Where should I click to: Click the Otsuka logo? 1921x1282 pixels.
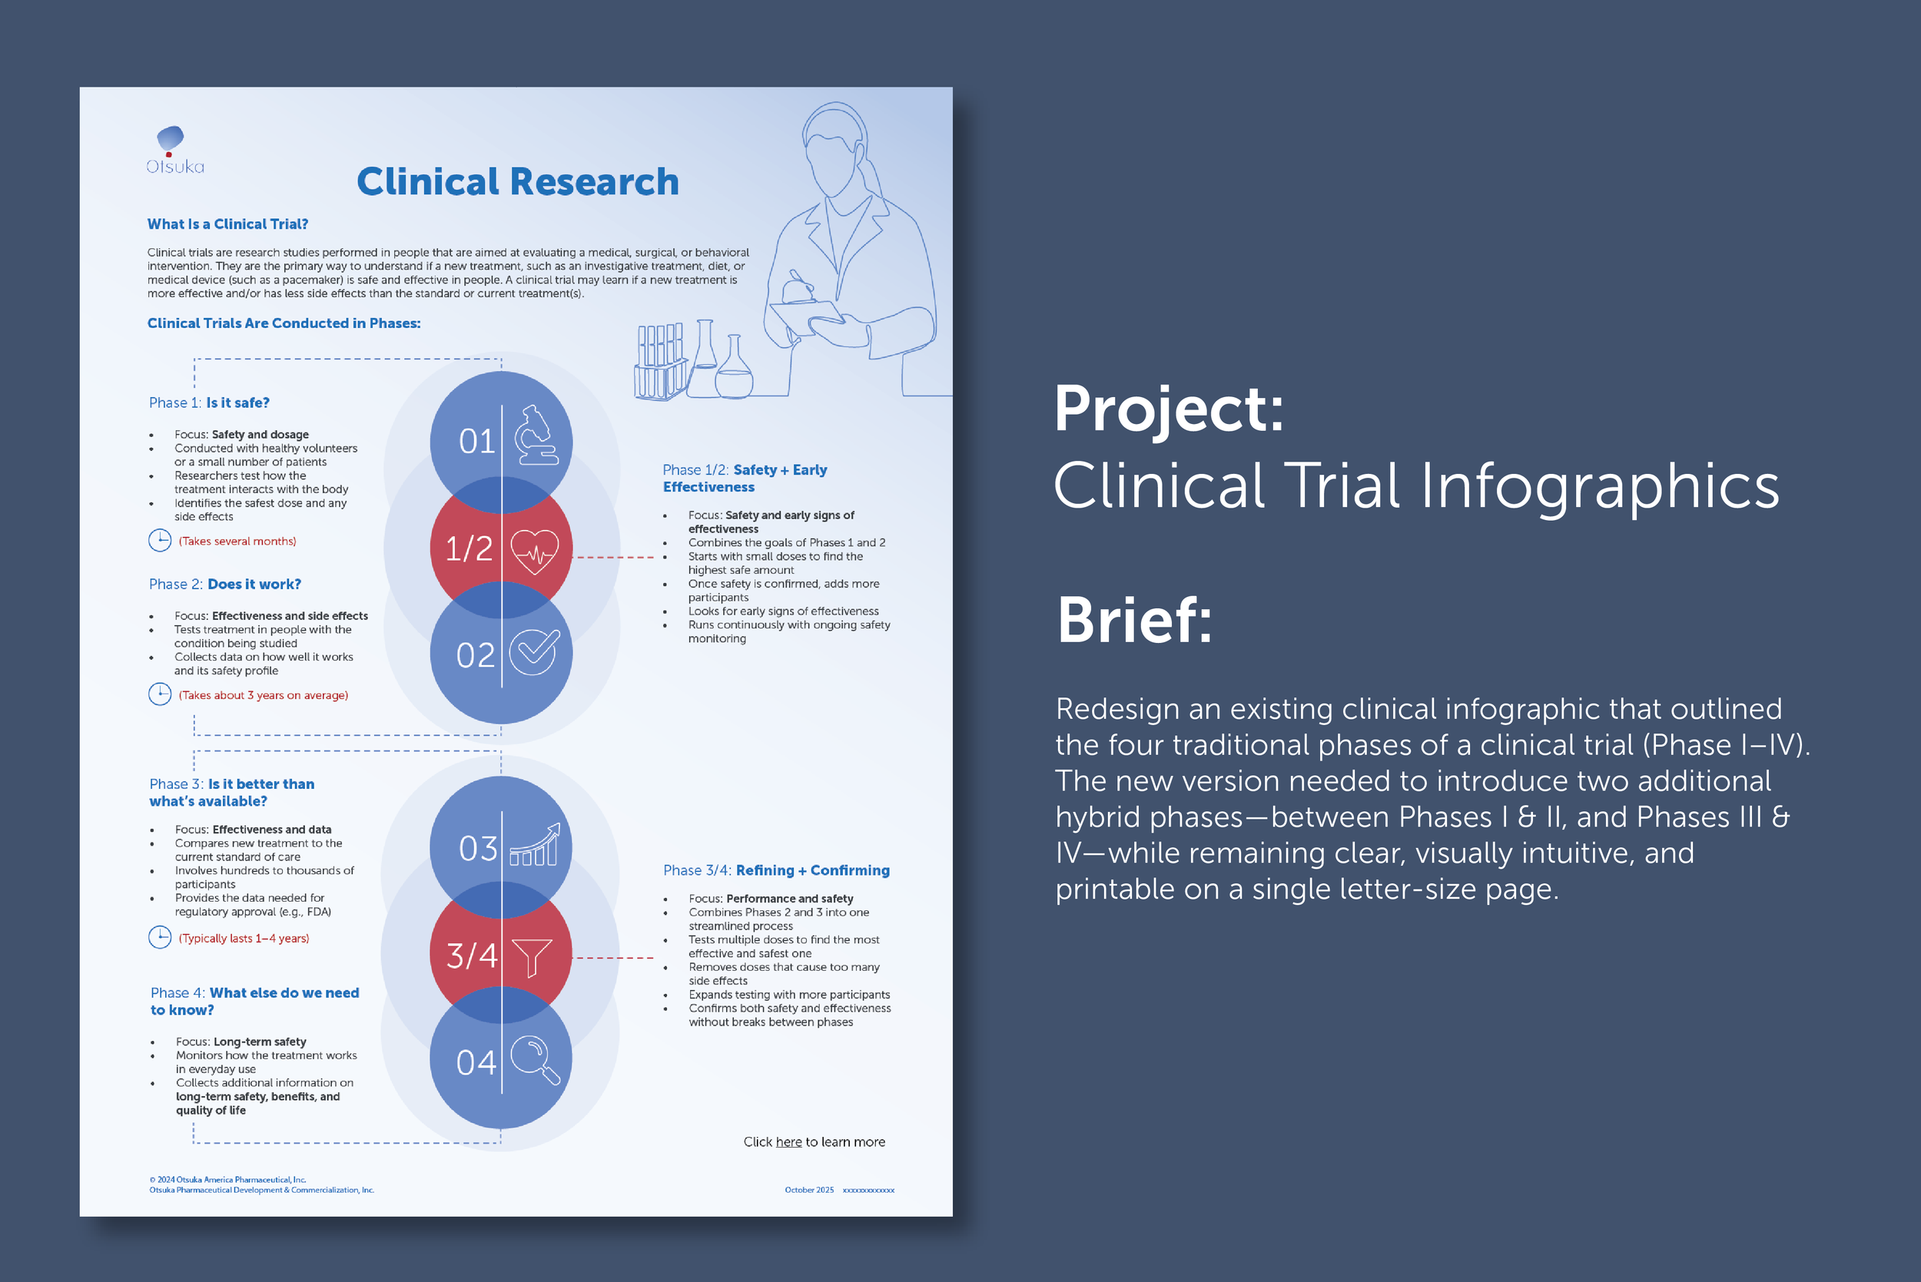(x=174, y=151)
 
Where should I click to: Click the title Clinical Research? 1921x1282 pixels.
(x=518, y=181)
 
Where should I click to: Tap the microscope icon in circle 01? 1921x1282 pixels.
(x=536, y=435)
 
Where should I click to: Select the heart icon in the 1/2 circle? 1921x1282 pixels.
(x=534, y=550)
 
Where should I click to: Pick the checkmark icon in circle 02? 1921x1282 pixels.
(x=534, y=652)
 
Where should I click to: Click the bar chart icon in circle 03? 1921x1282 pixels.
(x=535, y=846)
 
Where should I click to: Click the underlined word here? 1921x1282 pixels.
(x=788, y=1142)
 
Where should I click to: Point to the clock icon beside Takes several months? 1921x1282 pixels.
(x=160, y=541)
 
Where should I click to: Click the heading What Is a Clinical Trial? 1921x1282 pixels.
(x=227, y=224)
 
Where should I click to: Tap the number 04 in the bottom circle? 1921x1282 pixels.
(x=476, y=1063)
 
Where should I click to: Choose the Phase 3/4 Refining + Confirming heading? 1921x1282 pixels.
(x=776, y=871)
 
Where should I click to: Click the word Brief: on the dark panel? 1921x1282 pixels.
(x=1134, y=621)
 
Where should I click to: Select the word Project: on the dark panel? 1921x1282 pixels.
(x=1169, y=409)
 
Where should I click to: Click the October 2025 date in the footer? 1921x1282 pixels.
(x=809, y=1191)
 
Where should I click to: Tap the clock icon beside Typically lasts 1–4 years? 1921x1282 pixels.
(x=160, y=938)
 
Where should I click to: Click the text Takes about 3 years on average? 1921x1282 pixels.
(x=264, y=696)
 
